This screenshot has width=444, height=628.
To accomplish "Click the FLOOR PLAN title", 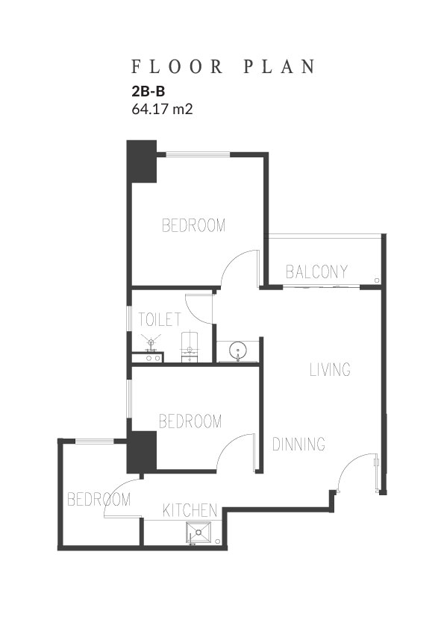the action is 223,67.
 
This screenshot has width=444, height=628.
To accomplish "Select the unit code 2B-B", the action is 148,92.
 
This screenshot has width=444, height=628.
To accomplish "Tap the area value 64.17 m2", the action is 162,109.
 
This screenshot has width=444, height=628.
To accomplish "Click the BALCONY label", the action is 316,271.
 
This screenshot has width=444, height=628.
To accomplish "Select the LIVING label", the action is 330,369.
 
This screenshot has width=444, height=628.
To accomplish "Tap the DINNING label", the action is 298,444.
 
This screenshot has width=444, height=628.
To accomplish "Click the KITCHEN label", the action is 190,510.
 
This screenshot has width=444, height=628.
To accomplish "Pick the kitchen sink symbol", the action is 198,533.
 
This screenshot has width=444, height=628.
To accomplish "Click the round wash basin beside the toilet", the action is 238,351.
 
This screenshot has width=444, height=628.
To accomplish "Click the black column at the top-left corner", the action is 142,161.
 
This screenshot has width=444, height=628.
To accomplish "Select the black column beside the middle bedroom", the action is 142,452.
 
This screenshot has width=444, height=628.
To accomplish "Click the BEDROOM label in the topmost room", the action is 193,225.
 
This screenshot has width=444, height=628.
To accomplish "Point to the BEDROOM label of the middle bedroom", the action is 190,421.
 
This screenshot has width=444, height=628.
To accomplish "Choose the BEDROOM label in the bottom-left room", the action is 99,500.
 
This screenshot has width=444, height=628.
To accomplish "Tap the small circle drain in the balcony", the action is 377,280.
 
